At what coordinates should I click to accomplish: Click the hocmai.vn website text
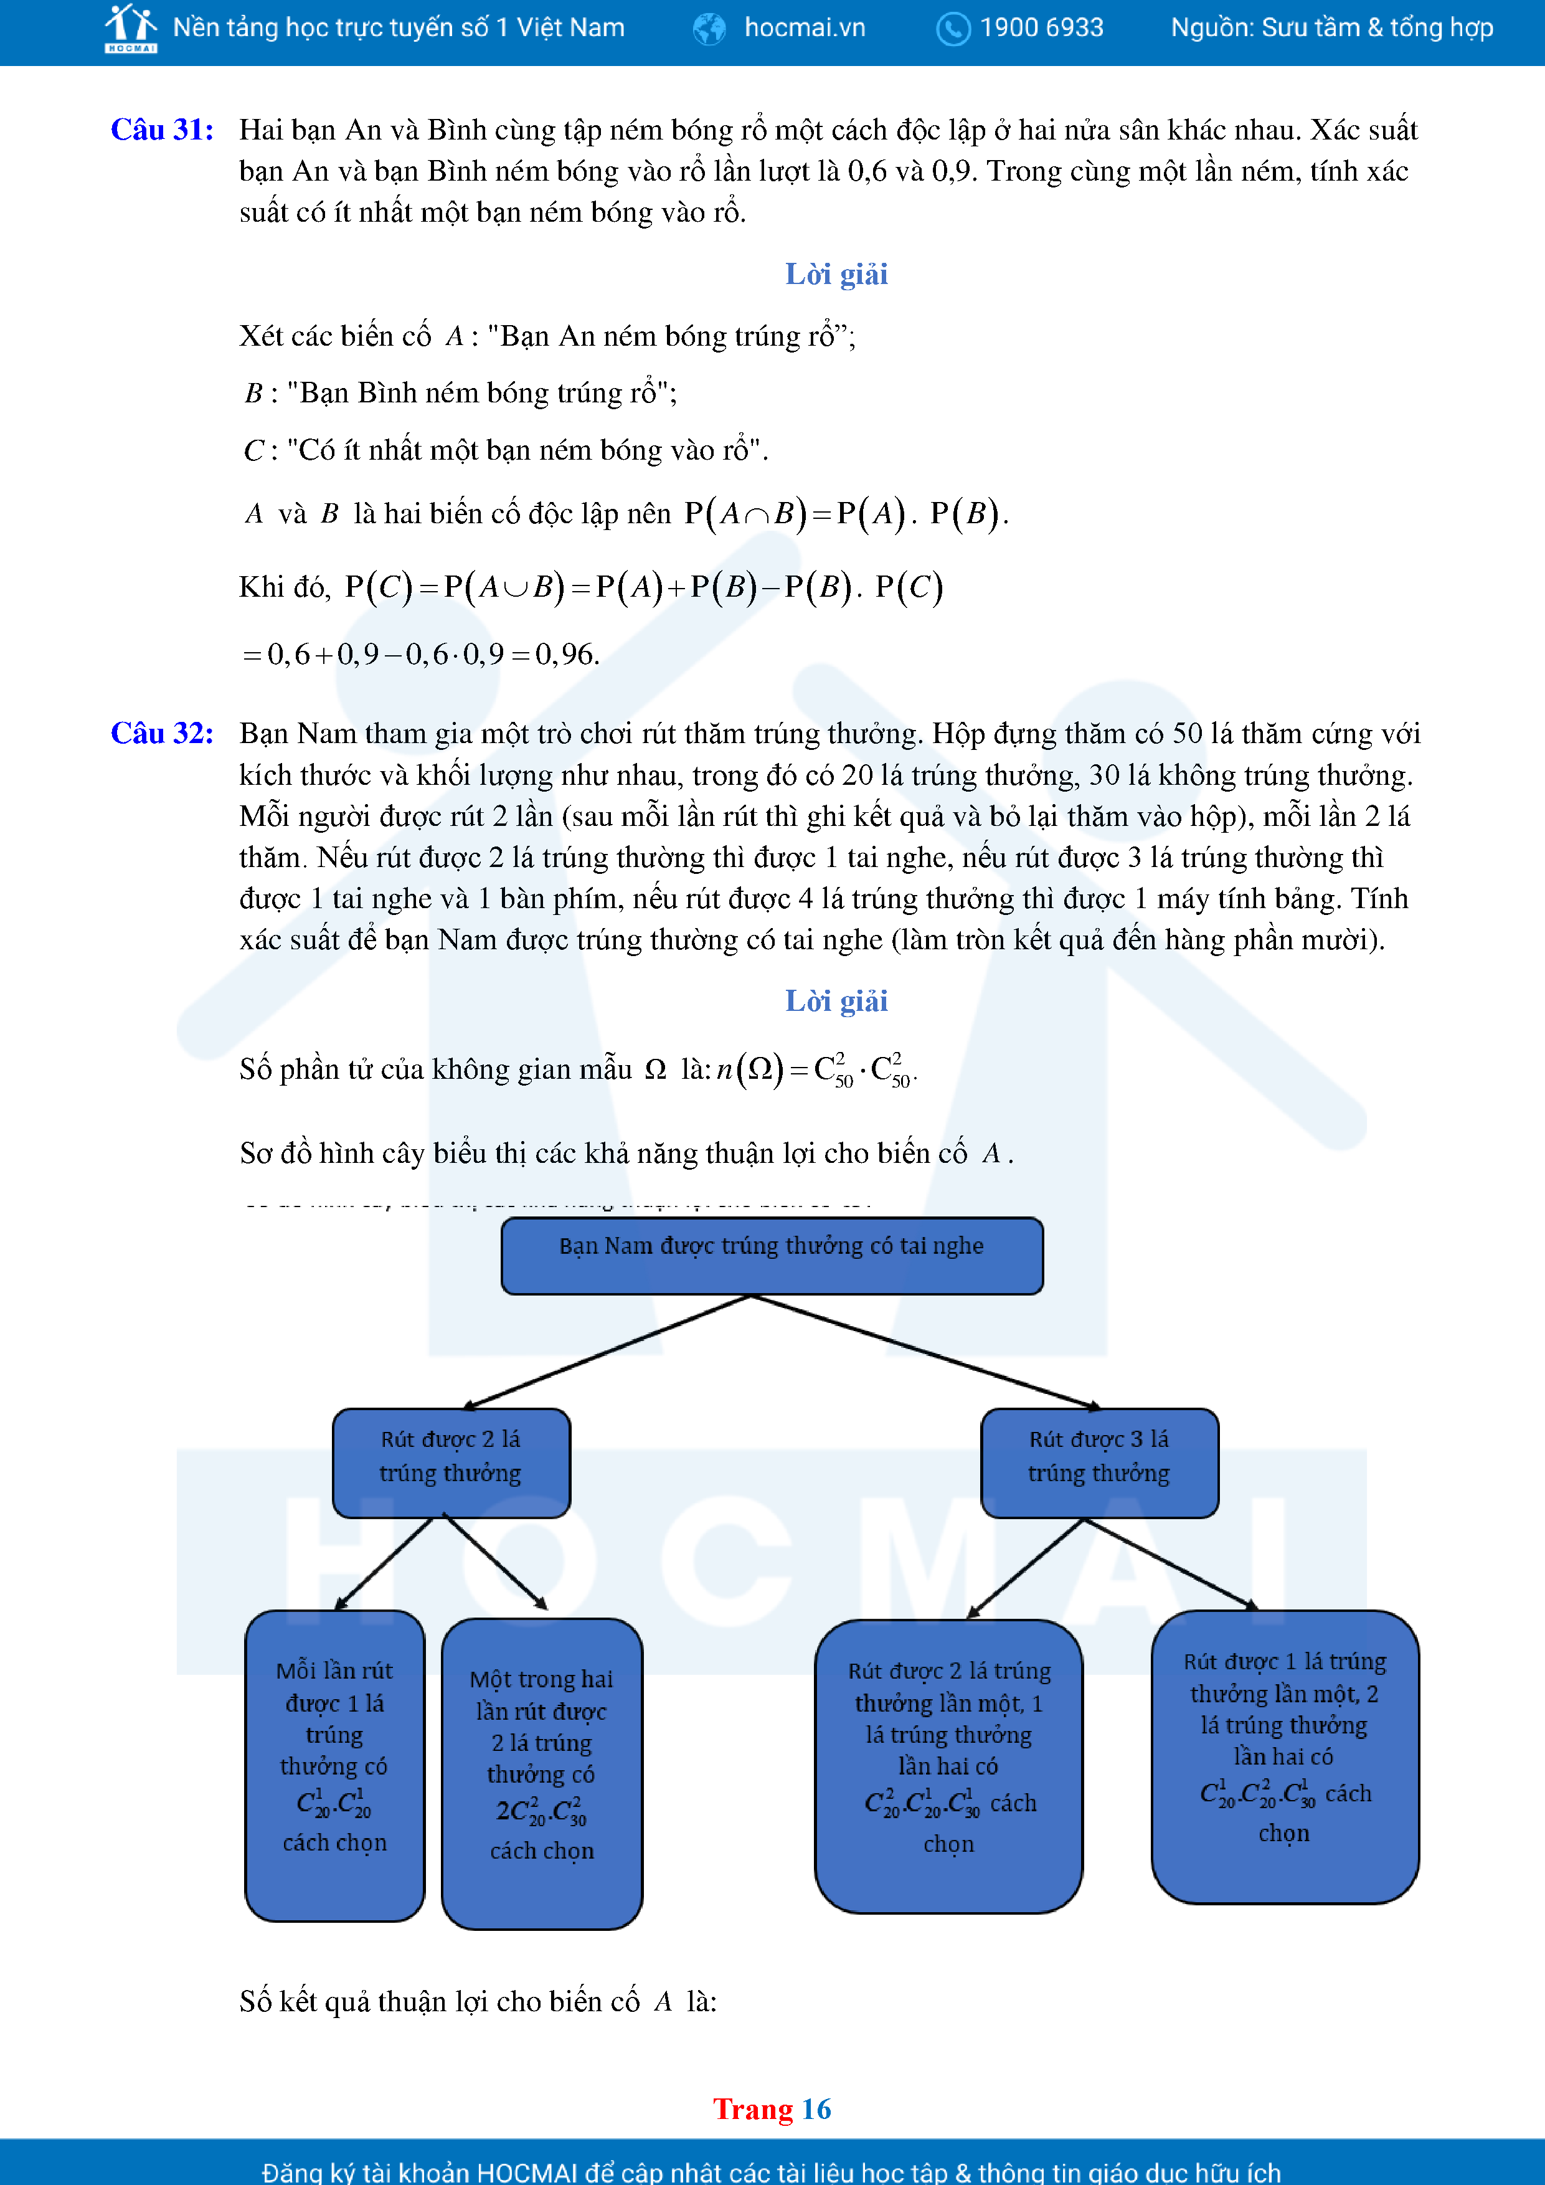(x=804, y=27)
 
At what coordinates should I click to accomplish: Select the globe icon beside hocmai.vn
(x=709, y=29)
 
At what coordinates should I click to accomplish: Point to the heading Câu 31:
(x=162, y=130)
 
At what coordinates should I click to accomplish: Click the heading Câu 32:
(x=162, y=732)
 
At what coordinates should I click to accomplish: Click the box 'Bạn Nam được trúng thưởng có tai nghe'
(x=772, y=1255)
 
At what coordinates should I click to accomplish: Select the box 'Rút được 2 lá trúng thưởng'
(x=451, y=1462)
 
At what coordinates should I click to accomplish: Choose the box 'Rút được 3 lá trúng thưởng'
(x=1099, y=1462)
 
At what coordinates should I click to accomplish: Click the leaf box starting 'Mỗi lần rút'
(x=335, y=1765)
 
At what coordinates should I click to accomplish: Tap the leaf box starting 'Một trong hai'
(x=541, y=1773)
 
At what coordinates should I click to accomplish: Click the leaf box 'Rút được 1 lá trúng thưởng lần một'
(x=1284, y=1756)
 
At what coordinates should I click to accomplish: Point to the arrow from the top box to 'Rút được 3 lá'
(x=923, y=1352)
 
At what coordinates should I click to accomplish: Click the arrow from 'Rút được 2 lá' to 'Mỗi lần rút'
(x=384, y=1563)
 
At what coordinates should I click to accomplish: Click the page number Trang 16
(x=772, y=2109)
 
